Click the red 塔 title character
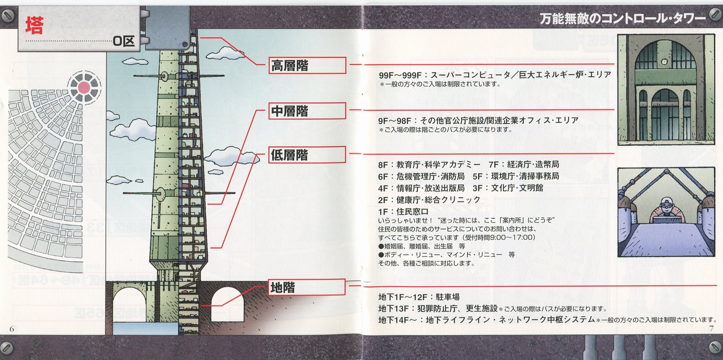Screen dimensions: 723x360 (34, 25)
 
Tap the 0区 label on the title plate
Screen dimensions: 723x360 (123, 41)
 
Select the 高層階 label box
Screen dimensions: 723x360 (307, 66)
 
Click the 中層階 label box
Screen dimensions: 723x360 (307, 111)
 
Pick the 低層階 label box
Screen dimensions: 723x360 (307, 155)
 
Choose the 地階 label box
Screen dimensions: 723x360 (307, 287)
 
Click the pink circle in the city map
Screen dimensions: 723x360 (84, 87)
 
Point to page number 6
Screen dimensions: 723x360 (12, 329)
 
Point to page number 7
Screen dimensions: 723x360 (712, 328)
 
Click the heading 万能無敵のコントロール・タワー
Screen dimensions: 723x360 (623, 19)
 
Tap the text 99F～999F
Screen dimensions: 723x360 (401, 75)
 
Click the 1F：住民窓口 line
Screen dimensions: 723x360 (403, 212)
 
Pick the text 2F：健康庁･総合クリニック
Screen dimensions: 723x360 (429, 200)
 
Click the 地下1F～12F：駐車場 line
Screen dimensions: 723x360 (419, 296)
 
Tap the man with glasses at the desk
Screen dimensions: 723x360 (667, 211)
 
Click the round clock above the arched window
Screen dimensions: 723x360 (665, 62)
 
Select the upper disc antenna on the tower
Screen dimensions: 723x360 (164, 76)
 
